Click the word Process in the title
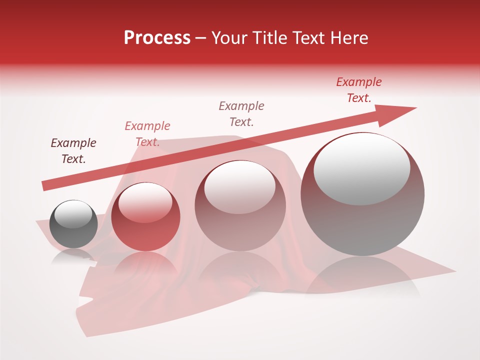pos(157,38)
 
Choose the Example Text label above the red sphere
pos(147,134)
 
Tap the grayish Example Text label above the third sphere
pos(241,114)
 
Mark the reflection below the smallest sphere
pos(74,256)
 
